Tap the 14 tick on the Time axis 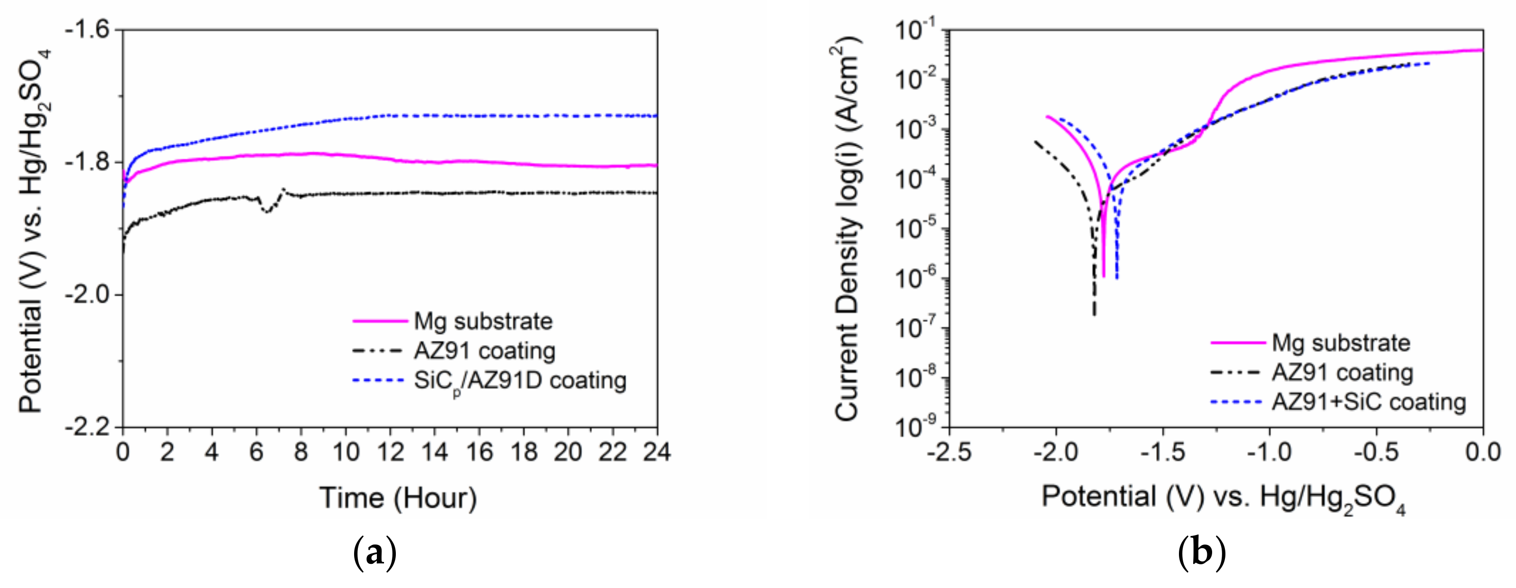pos(434,452)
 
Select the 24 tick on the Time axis pos(657,452)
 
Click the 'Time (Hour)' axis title pos(398,498)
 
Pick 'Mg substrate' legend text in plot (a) pos(483,321)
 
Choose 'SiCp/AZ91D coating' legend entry pos(520,381)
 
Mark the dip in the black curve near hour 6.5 pos(268,211)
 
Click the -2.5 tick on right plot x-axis pos(949,452)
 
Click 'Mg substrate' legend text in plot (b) pos(1341,343)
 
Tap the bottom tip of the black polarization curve pos(1094,314)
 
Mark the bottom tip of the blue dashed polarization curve pos(1117,277)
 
